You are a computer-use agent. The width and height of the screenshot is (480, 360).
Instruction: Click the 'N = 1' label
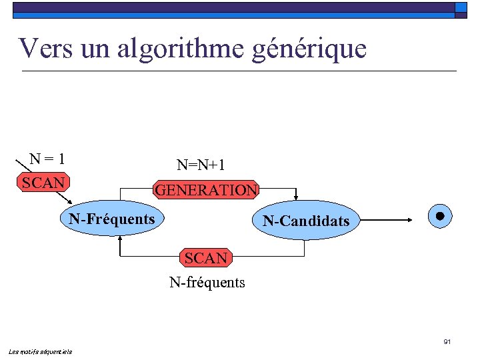pyautogui.click(x=47, y=159)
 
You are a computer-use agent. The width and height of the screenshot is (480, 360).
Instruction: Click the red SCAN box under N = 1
pyautogui.click(x=43, y=183)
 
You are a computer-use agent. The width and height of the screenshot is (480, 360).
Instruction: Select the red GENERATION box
pyautogui.click(x=206, y=190)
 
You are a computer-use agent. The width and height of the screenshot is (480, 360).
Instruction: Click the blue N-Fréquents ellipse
pyautogui.click(x=112, y=219)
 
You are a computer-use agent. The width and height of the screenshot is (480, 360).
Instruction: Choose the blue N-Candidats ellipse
pyautogui.click(x=306, y=221)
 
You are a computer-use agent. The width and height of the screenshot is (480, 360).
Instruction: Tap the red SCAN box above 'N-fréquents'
pyautogui.click(x=206, y=258)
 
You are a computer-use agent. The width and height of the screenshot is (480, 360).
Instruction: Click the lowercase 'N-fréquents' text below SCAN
pyautogui.click(x=207, y=283)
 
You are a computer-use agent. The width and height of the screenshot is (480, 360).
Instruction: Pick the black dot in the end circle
pyautogui.click(x=440, y=216)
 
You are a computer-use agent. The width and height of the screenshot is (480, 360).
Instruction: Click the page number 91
pyautogui.click(x=447, y=342)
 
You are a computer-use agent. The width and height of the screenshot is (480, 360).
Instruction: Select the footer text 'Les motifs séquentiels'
pyautogui.click(x=41, y=351)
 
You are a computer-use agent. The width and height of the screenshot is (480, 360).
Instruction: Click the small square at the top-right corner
pyautogui.click(x=461, y=7)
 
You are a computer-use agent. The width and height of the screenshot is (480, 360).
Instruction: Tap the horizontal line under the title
pyautogui.click(x=239, y=71)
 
